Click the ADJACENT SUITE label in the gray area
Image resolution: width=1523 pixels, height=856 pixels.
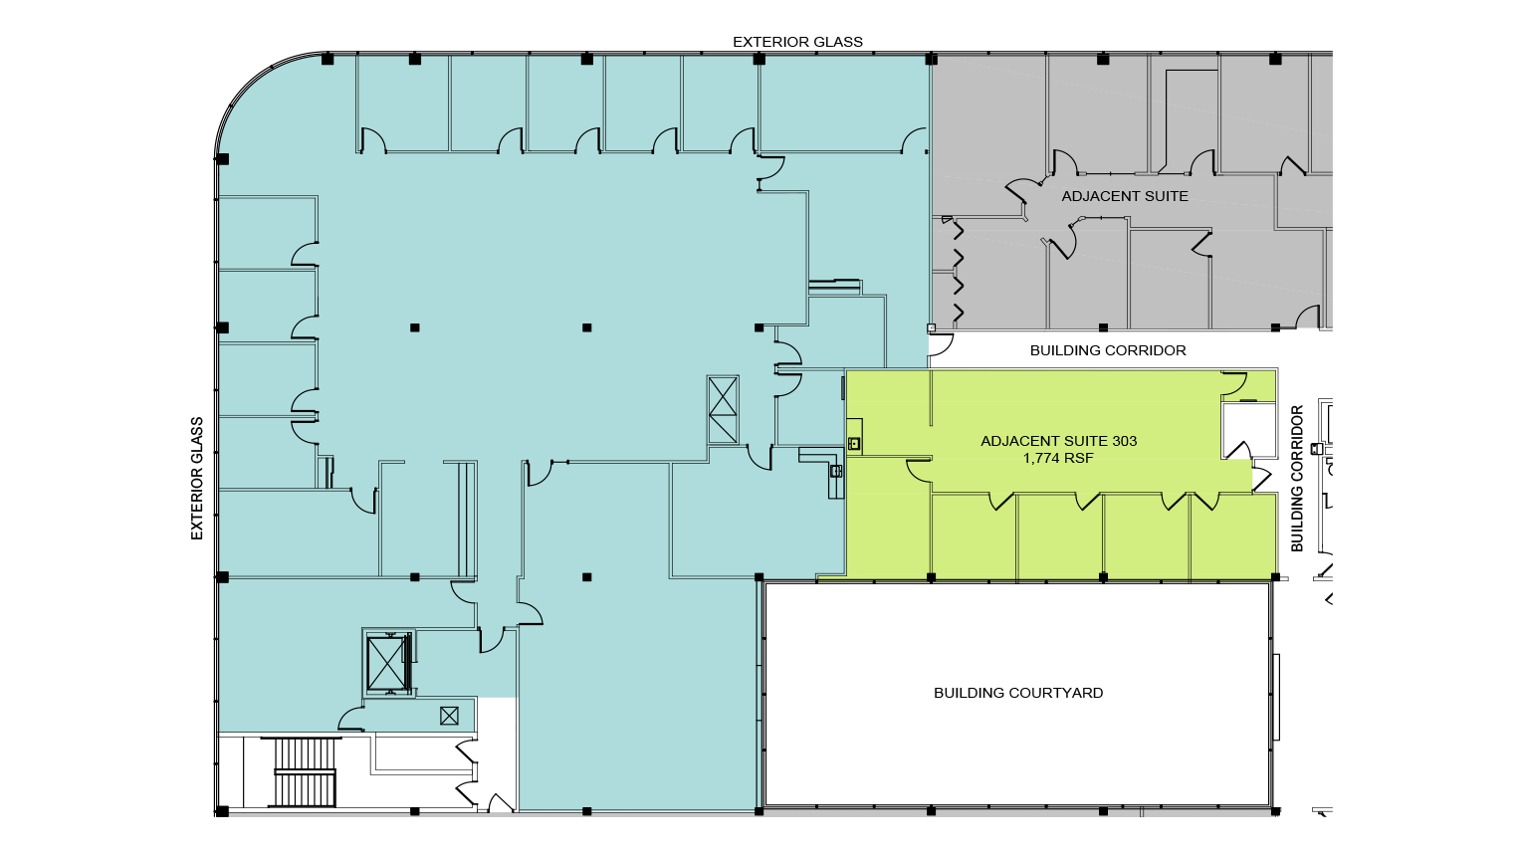[x=1125, y=196]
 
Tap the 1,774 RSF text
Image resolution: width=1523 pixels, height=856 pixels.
[x=1058, y=459]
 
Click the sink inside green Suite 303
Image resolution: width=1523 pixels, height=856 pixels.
[x=854, y=443]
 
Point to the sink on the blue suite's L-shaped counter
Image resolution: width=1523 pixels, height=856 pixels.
[x=836, y=471]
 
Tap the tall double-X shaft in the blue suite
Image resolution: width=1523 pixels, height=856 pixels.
[x=723, y=409]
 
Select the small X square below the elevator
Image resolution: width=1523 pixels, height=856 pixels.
[x=449, y=715]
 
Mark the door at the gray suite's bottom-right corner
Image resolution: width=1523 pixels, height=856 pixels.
[x=1307, y=318]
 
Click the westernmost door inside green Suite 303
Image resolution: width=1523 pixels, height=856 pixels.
[x=918, y=471]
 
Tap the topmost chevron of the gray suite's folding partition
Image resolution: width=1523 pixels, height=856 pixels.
[x=960, y=232]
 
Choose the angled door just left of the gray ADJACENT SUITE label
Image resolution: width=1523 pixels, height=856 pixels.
[x=1022, y=192]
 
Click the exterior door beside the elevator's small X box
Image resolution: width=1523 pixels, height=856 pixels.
[x=350, y=719]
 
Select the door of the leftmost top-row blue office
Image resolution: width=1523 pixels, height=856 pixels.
[x=372, y=140]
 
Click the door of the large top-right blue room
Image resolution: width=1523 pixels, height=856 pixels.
[x=913, y=141]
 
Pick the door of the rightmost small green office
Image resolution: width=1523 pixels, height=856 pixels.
[x=1207, y=501]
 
